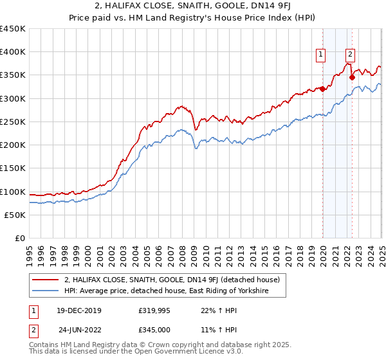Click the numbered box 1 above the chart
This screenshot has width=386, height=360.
pyautogui.click(x=320, y=55)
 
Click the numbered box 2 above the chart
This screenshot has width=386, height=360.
pyautogui.click(x=350, y=55)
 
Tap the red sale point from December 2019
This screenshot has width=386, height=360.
pyautogui.click(x=322, y=89)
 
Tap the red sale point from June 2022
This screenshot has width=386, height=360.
pyautogui.click(x=352, y=78)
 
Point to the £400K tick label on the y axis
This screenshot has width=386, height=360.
pyautogui.click(x=13, y=52)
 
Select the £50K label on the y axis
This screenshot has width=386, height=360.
pyautogui.click(x=15, y=215)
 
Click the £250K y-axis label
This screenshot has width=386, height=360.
pyautogui.click(x=13, y=122)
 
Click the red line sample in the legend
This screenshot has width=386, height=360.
pyautogui.click(x=46, y=280)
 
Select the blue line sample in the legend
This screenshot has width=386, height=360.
pyautogui.click(x=46, y=291)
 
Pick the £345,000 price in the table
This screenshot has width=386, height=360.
pyautogui.click(x=154, y=330)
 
